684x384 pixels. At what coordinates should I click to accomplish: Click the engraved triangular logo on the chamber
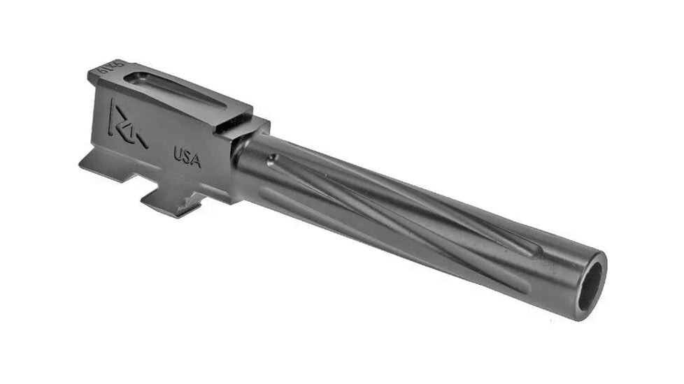[x=126, y=126]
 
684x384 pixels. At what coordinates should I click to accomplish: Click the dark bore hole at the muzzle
[x=590, y=286]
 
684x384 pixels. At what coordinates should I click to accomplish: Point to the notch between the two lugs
[x=143, y=183]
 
